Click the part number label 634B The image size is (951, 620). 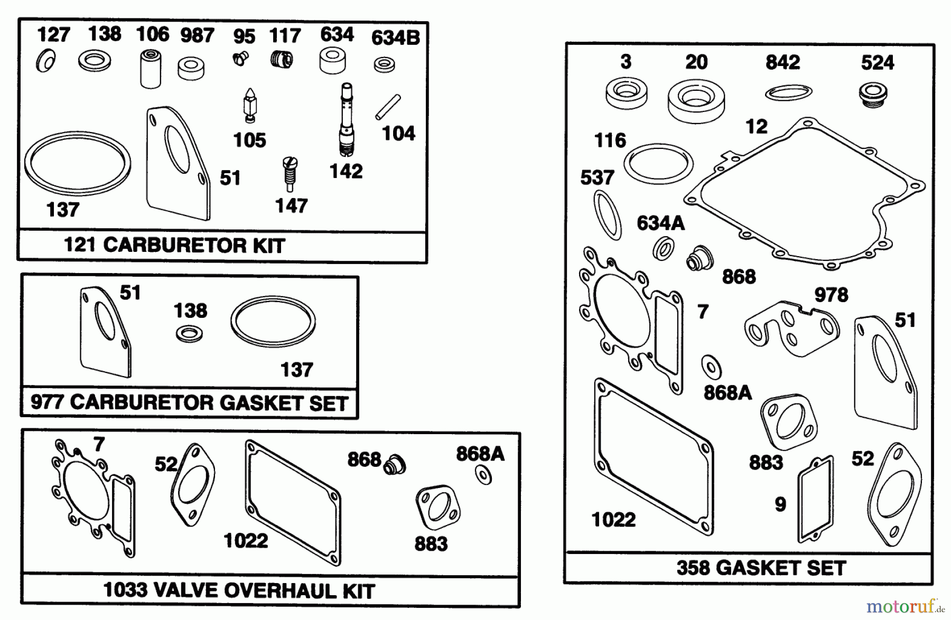click(395, 38)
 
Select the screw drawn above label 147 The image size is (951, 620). click(290, 173)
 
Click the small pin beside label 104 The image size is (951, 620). click(388, 107)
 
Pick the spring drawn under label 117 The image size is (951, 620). click(282, 59)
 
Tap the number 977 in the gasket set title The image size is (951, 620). click(47, 402)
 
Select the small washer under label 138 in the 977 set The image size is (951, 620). click(189, 334)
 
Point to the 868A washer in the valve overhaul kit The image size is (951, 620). click(483, 475)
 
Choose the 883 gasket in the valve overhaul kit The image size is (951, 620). click(437, 508)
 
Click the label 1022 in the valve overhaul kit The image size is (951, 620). click(246, 541)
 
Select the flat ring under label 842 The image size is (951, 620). click(788, 92)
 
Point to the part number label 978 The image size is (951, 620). click(831, 295)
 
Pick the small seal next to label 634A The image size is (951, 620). click(663, 248)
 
